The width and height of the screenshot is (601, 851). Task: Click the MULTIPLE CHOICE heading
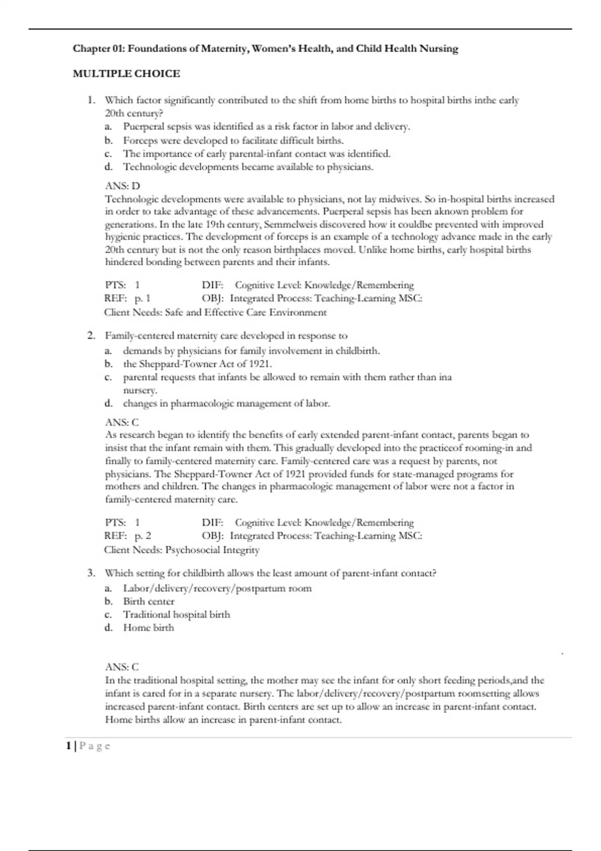(126, 74)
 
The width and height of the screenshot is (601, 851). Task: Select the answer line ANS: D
(122, 186)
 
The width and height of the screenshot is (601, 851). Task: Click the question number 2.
(91, 335)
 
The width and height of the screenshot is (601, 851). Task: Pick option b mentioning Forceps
(233, 140)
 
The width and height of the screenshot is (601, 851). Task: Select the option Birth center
(149, 601)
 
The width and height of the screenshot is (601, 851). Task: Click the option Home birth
(149, 627)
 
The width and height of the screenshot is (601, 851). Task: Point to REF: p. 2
(128, 536)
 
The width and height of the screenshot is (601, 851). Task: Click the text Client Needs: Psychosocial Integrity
(182, 550)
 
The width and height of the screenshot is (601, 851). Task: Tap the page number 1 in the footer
(68, 746)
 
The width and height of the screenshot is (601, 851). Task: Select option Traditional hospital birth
(176, 614)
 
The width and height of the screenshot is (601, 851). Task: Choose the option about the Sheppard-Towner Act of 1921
(197, 364)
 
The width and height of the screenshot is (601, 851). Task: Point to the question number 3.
(91, 573)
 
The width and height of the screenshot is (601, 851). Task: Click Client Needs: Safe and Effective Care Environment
(215, 312)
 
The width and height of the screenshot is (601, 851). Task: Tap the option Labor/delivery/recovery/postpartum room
(217, 588)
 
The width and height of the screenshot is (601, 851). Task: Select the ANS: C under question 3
(122, 667)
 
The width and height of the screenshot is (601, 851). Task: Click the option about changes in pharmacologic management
(226, 403)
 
